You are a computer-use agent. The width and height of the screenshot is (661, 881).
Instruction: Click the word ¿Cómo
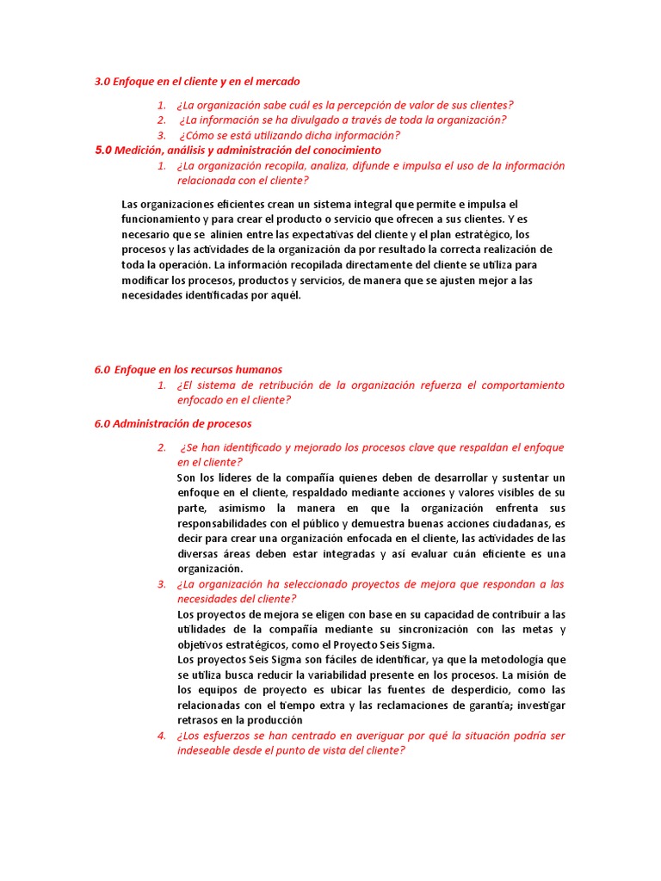coord(198,135)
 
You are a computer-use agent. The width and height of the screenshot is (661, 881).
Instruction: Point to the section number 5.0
coord(103,151)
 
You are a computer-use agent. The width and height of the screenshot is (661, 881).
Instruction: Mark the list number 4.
coord(161,736)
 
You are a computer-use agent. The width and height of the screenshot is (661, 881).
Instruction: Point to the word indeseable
coord(208,750)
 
